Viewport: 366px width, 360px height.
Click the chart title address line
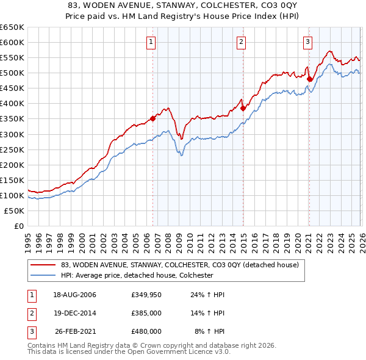pyautogui.click(x=183, y=5)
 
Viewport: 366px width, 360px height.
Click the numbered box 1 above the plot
pyautogui.click(x=151, y=42)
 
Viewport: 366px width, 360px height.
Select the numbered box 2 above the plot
pyautogui.click(x=242, y=42)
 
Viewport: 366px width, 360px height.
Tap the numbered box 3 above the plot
pyautogui.click(x=308, y=42)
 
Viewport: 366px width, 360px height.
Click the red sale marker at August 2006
pyautogui.click(x=153, y=118)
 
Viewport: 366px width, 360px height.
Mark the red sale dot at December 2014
pyautogui.click(x=243, y=108)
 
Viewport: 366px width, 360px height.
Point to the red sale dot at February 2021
pyautogui.click(x=309, y=79)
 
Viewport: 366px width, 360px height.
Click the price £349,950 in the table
pyautogui.click(x=146, y=295)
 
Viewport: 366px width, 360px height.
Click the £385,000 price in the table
pyautogui.click(x=146, y=313)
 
